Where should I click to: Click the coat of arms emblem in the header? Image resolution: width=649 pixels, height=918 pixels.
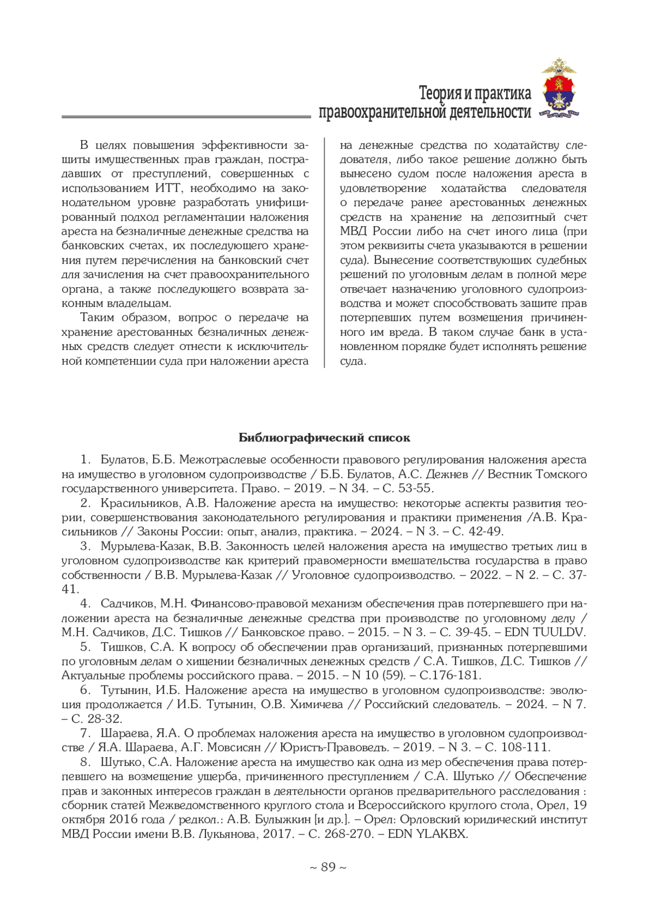560,89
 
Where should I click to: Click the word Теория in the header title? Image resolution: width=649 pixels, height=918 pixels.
439,94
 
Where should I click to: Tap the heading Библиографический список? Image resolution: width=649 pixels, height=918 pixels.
325,438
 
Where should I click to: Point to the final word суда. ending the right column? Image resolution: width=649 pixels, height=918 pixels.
353,361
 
